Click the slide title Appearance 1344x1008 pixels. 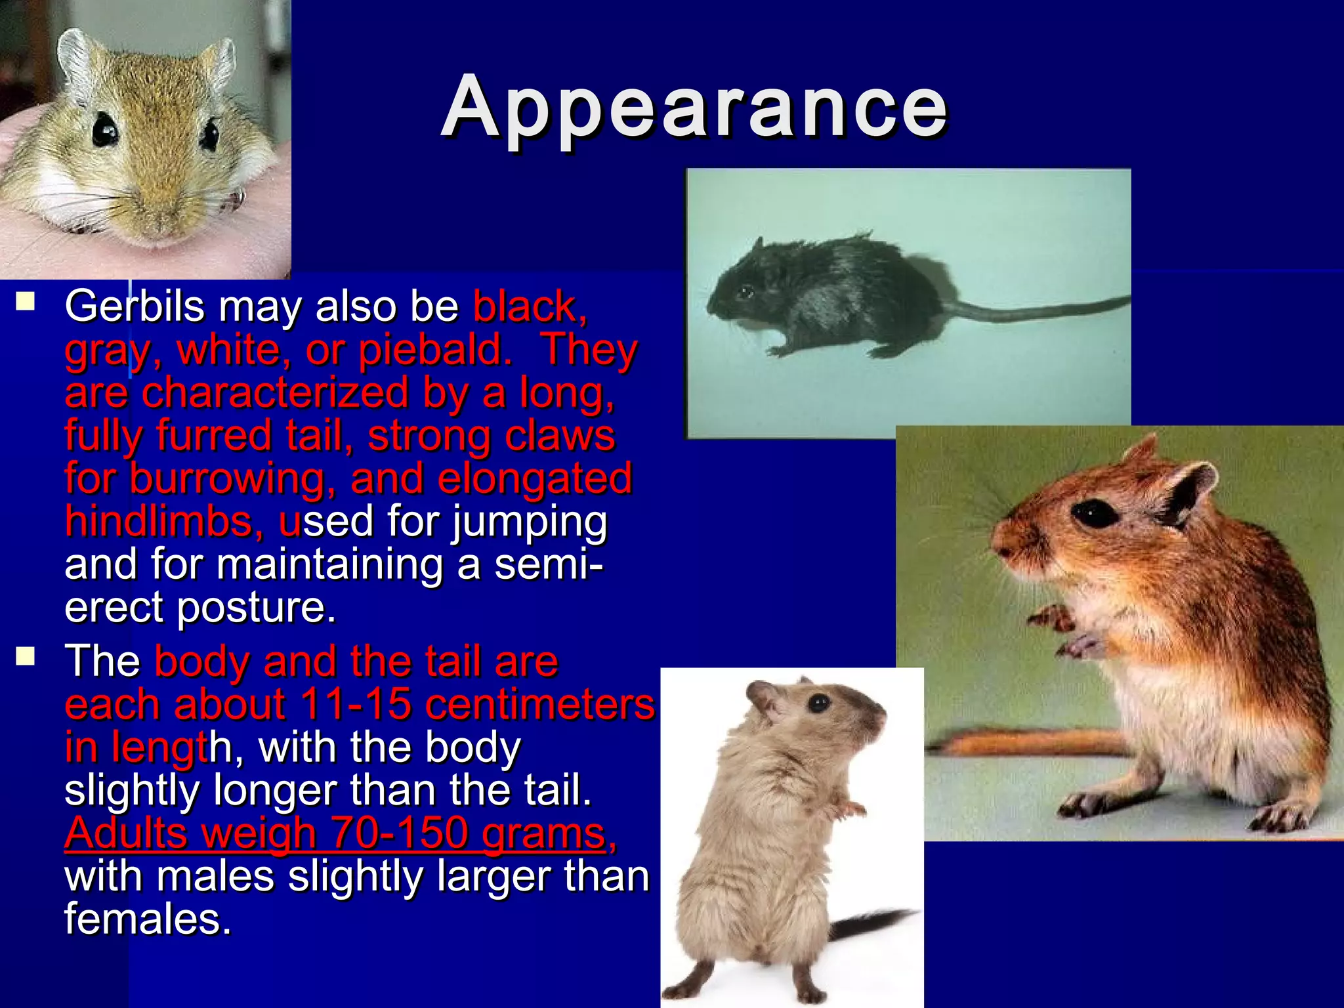[x=694, y=108]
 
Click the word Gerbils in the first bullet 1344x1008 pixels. [x=135, y=306]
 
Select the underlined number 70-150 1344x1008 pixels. [x=400, y=833]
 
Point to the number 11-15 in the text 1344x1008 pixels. [x=356, y=705]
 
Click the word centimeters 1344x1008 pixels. [x=539, y=705]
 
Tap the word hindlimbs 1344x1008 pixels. [x=164, y=522]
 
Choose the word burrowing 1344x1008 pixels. [x=227, y=478]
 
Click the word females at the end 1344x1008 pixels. [x=147, y=919]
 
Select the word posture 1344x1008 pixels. [x=256, y=607]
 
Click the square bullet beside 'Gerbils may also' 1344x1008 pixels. [x=26, y=301]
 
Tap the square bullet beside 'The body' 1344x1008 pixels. [x=26, y=656]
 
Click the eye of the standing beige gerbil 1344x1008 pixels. [x=818, y=704]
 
